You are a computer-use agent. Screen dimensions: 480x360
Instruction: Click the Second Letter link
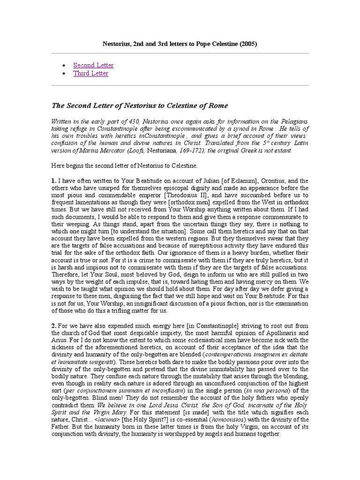click(93, 65)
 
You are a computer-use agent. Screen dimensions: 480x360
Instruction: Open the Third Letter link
click(90, 74)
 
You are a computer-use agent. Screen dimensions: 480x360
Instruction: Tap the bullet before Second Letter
click(64, 66)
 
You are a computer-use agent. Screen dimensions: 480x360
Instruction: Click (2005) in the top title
click(248, 44)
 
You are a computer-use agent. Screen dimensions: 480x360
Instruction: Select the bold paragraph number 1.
click(53, 180)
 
